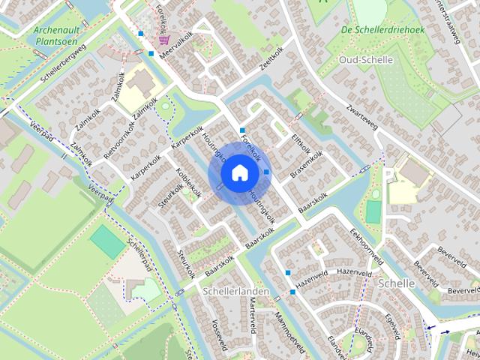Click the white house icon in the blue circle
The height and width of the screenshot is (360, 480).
pos(239,173)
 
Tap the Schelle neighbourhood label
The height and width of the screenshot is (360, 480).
pos(397,283)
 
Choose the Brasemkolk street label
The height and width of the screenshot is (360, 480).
pos(307,164)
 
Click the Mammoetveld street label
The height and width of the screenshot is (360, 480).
pos(290,331)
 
